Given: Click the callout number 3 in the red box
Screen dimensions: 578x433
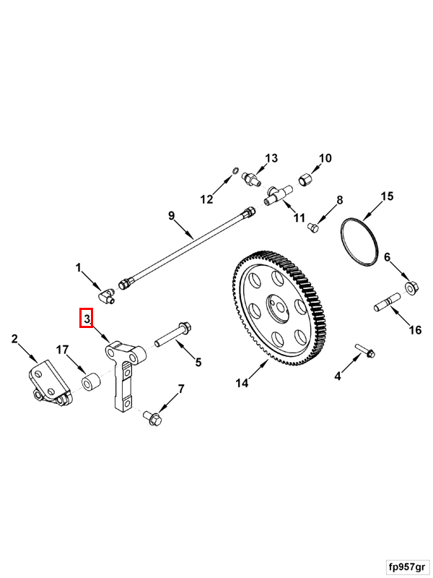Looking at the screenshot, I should pos(86,318).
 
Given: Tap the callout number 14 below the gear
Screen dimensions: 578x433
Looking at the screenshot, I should pos(242,383).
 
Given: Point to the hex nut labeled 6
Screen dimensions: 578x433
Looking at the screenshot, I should pos(411,288).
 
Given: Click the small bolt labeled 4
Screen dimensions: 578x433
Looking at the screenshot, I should pos(365,352).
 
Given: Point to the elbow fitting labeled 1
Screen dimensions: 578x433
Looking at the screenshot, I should pos(106,295).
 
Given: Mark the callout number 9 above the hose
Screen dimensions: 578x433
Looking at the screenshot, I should pos(172,215).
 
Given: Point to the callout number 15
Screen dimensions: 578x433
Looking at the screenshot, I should pos(387,196).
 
